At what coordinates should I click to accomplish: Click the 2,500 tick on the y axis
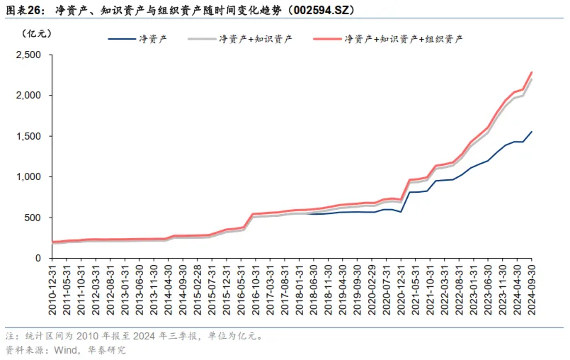pos(29,55)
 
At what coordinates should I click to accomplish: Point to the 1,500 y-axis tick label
pos(29,136)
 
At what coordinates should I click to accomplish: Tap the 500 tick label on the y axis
pos(35,218)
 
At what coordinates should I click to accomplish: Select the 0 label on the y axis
pos(40,259)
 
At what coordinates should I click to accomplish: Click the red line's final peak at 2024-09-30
pos(532,72)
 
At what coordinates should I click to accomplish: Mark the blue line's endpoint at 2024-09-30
pos(532,132)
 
